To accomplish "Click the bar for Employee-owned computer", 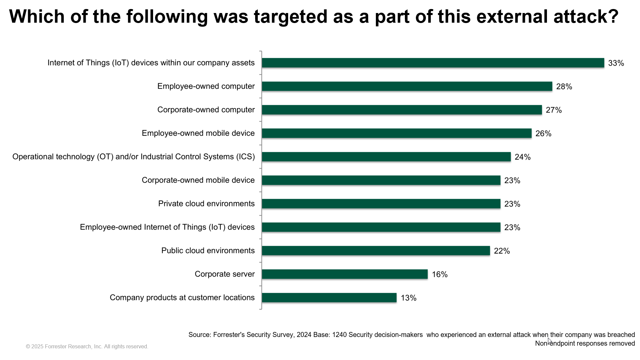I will coord(407,86).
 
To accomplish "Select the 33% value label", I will coord(616,63).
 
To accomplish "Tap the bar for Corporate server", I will coord(345,274).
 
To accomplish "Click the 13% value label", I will coord(408,298).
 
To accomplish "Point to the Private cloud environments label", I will coord(206,204).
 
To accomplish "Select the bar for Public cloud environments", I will coord(376,251).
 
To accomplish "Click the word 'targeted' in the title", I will coord(290,16).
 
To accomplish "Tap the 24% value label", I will coord(522,157).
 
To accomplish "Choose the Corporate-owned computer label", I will coord(206,110).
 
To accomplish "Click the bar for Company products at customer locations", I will coord(329,298).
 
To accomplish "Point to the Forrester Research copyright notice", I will coord(87,347).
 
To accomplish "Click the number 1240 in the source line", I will coord(339,335).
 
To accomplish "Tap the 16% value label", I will coord(440,275).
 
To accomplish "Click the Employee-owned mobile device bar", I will coord(397,133).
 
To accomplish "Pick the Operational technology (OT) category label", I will coord(133,157).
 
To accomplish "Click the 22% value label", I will coord(502,251).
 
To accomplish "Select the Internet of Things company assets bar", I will coord(433,63).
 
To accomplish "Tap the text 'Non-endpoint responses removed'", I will coord(585,343).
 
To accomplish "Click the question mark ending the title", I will coord(613,16).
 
